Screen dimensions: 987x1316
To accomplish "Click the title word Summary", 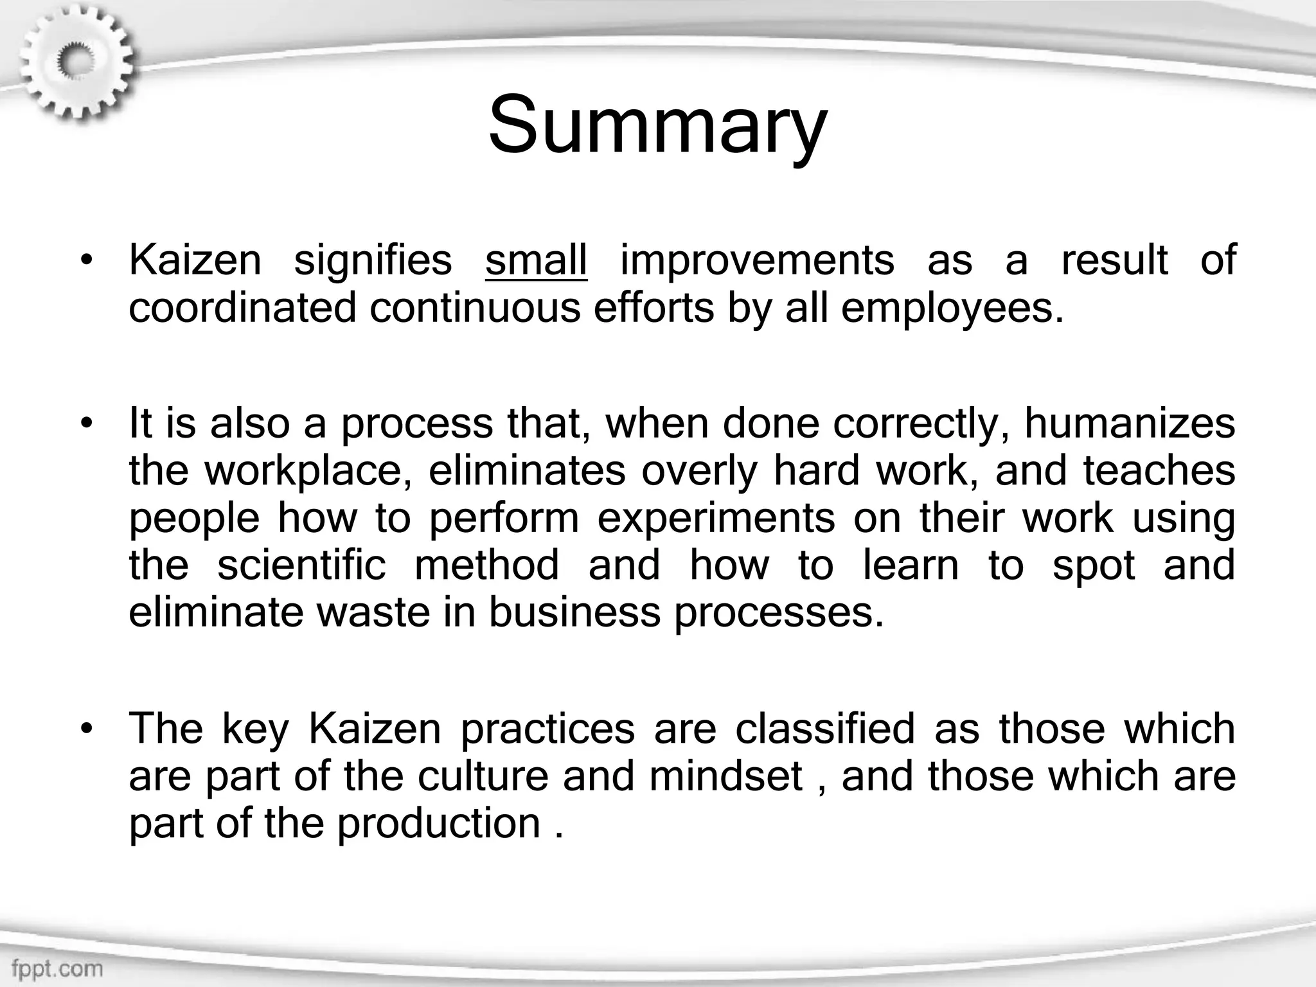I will [x=657, y=125].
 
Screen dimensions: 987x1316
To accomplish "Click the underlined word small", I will [x=536, y=260].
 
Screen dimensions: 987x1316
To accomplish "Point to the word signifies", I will [x=373, y=260].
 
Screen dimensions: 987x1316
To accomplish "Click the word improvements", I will [x=757, y=260].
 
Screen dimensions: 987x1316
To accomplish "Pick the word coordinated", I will [x=242, y=308].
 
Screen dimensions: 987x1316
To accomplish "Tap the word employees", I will [x=951, y=309].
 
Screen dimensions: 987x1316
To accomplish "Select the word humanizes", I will [x=1129, y=423].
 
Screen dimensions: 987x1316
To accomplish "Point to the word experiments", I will [x=716, y=519].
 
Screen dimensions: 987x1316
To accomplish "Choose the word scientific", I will [x=301, y=565].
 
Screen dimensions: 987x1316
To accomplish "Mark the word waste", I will [x=373, y=612].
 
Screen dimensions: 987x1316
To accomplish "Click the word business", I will [x=574, y=612].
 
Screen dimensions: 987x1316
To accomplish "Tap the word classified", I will [x=824, y=729].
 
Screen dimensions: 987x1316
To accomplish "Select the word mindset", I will [x=725, y=776].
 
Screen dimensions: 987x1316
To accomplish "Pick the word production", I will [x=439, y=823].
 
